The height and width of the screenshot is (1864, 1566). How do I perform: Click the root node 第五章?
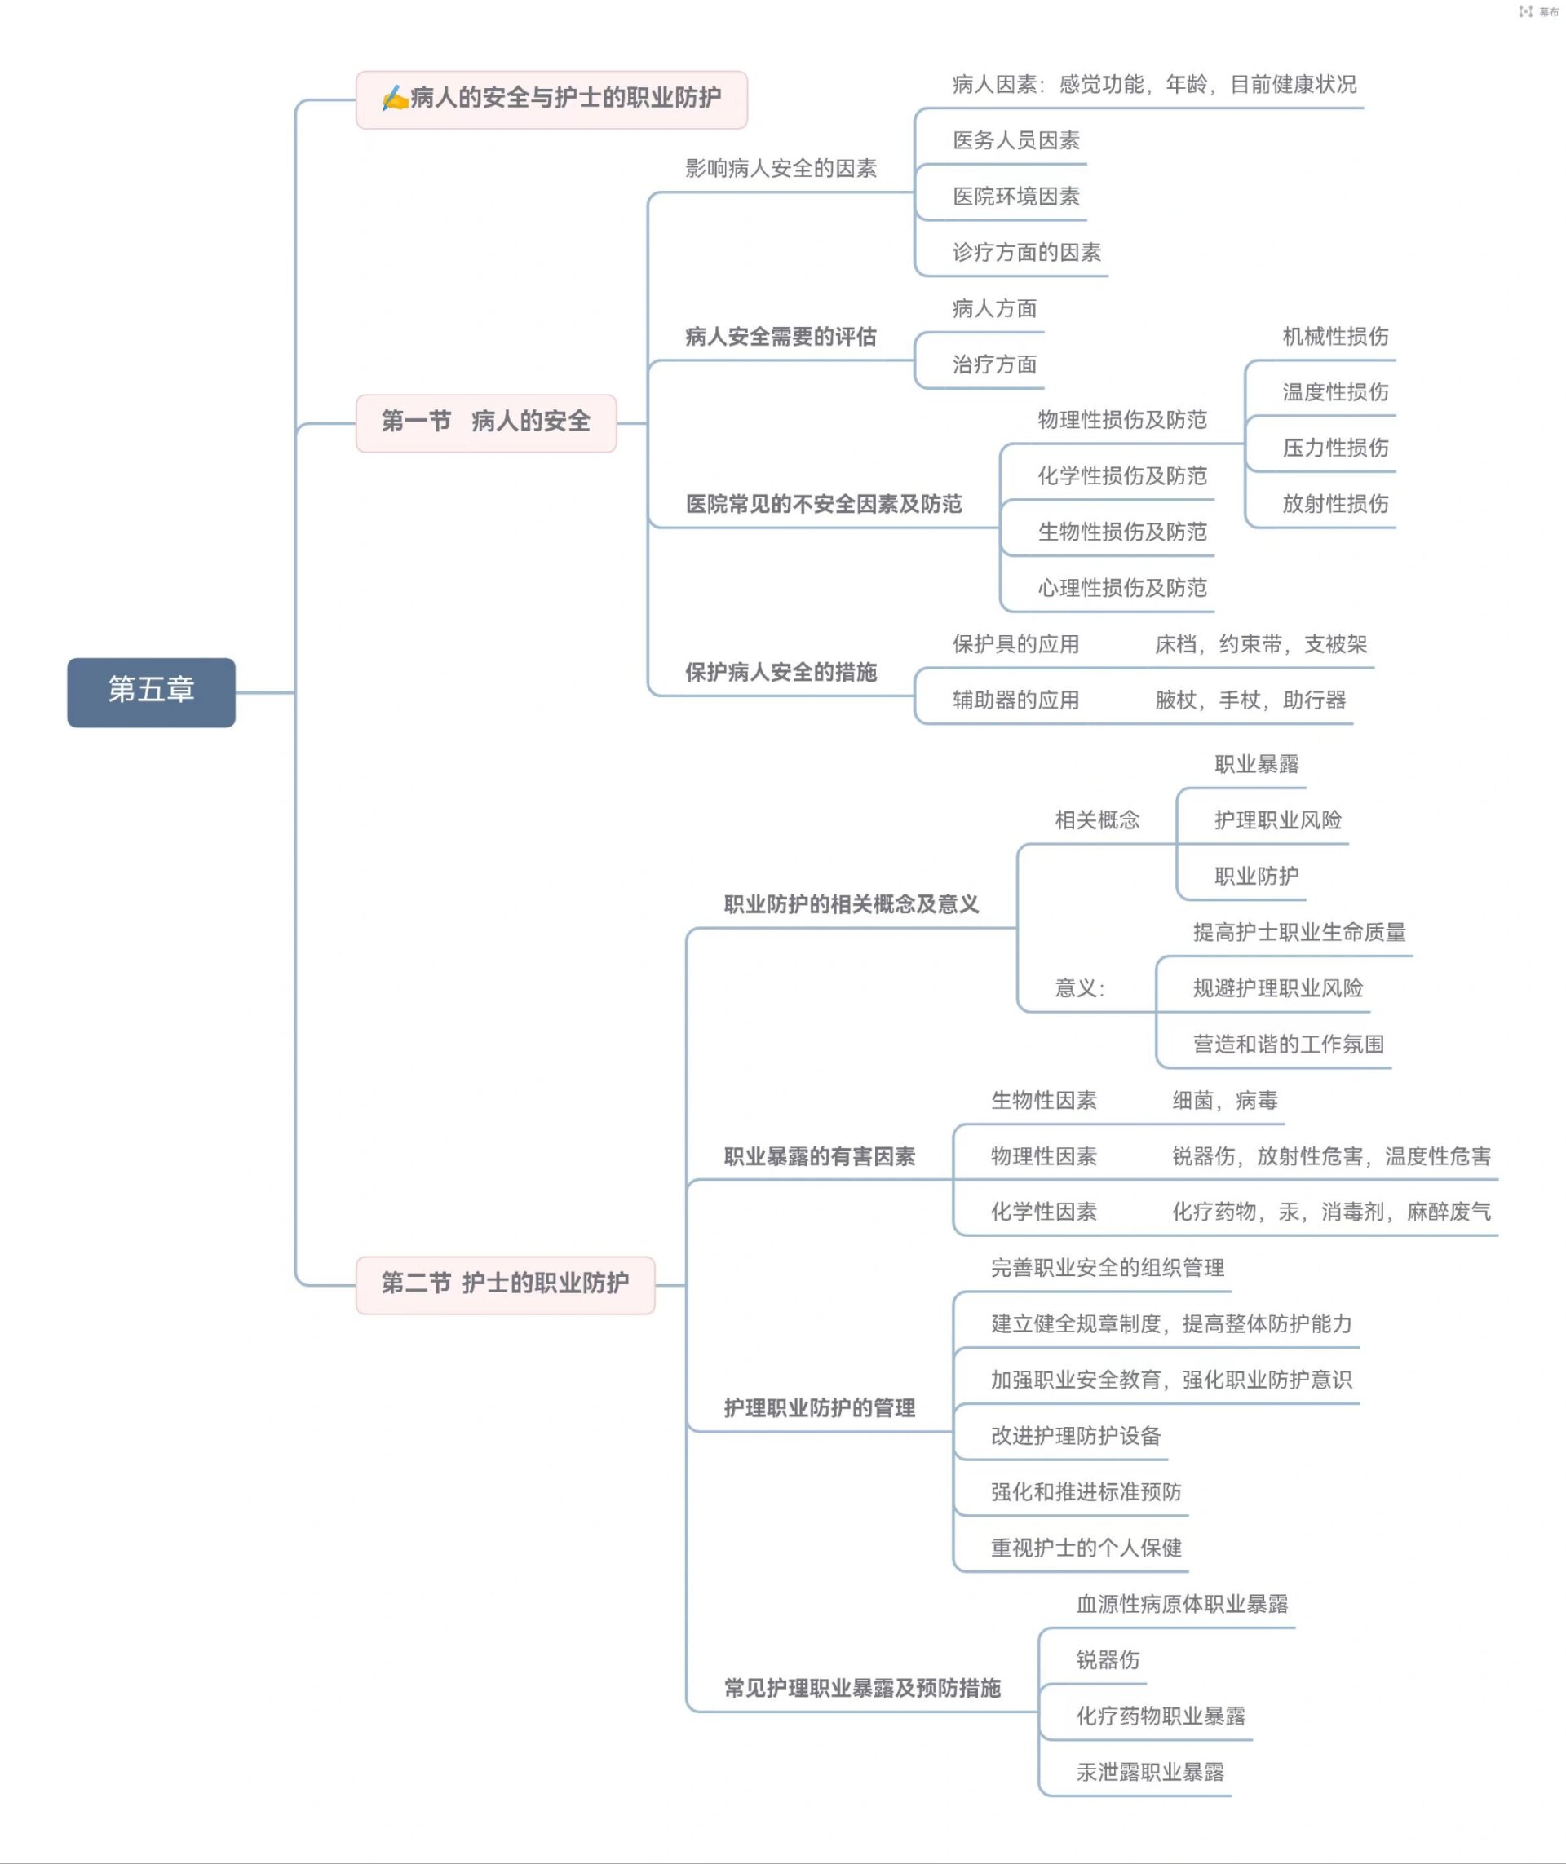[151, 691]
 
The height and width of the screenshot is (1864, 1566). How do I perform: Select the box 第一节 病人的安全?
[485, 422]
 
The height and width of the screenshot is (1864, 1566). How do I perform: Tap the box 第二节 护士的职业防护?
[504, 1283]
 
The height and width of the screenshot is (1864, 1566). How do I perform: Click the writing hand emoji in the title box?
[393, 98]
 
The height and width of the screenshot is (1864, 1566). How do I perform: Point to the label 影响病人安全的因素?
[781, 169]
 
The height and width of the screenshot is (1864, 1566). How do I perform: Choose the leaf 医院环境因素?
[1015, 197]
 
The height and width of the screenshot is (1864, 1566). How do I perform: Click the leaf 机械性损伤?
[1334, 337]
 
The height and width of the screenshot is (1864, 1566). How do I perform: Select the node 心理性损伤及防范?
[1122, 588]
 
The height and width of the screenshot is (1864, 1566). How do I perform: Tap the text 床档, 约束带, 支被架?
[1261, 644]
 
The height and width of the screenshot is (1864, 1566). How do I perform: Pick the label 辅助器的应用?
[1015, 700]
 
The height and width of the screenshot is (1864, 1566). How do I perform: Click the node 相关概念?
[1096, 820]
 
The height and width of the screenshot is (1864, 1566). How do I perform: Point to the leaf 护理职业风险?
[1277, 820]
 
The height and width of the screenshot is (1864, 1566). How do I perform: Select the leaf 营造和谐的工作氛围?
[1288, 1044]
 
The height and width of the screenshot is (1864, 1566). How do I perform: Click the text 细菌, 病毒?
[1224, 1101]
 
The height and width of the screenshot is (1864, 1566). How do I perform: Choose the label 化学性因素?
[1043, 1212]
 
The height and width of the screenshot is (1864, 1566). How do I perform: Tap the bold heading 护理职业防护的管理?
[819, 1407]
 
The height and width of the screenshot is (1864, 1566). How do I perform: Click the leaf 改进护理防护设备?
[1075, 1435]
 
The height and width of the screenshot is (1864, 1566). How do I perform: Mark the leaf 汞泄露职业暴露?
[1150, 1772]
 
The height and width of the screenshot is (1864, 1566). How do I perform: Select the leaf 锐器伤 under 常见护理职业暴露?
[1107, 1660]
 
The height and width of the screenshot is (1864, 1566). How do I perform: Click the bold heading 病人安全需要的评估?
[781, 337]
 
